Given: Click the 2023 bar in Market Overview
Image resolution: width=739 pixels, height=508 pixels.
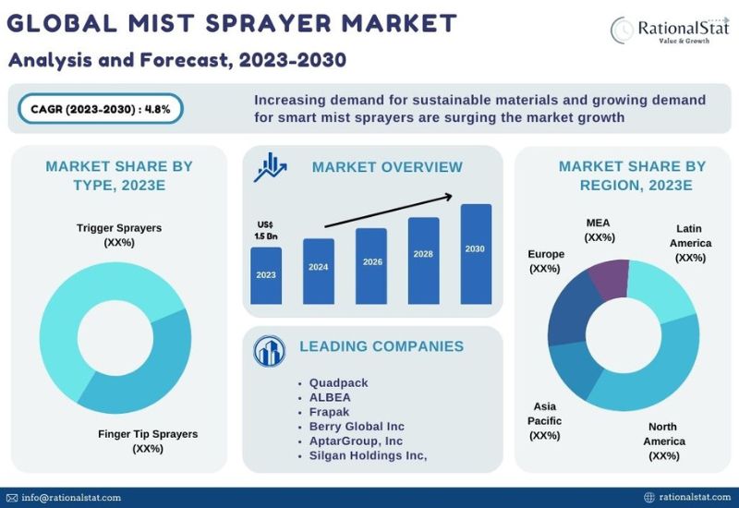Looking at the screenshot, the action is pos(266,275).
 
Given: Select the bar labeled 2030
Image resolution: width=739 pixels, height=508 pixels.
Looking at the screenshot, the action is pos(476,254).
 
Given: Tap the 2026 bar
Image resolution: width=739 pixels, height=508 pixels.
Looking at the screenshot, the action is pos(371,266).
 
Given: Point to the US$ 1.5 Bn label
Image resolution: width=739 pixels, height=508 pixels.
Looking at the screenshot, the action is pos(266,230).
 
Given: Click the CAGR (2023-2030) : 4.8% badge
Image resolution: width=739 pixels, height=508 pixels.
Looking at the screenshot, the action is pos(101,109).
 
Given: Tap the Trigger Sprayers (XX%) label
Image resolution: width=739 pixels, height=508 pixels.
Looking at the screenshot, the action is pos(119,235).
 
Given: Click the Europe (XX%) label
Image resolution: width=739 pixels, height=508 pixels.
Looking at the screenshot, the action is pos(546,261).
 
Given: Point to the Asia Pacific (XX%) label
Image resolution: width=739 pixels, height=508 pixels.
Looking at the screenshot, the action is pos(545,421).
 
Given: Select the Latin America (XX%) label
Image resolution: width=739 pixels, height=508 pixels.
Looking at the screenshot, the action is pos(690,243).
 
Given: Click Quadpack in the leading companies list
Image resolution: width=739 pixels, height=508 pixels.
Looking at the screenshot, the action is pos(338,382).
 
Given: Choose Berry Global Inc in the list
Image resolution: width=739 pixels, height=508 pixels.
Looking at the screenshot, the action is pos(357,427).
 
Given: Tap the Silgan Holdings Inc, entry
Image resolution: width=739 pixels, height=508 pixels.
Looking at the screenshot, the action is pos(368,455).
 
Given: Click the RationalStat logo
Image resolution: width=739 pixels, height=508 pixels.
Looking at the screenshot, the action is pos(670,30).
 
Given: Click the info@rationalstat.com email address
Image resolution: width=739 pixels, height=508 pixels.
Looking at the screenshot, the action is pos(71,498).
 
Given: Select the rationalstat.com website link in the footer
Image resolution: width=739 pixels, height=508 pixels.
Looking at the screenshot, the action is pos(695,497).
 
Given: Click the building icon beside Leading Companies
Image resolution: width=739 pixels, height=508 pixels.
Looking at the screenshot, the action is pos(269,351).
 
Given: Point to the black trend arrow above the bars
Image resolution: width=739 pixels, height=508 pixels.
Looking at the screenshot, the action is pos(389,211).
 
